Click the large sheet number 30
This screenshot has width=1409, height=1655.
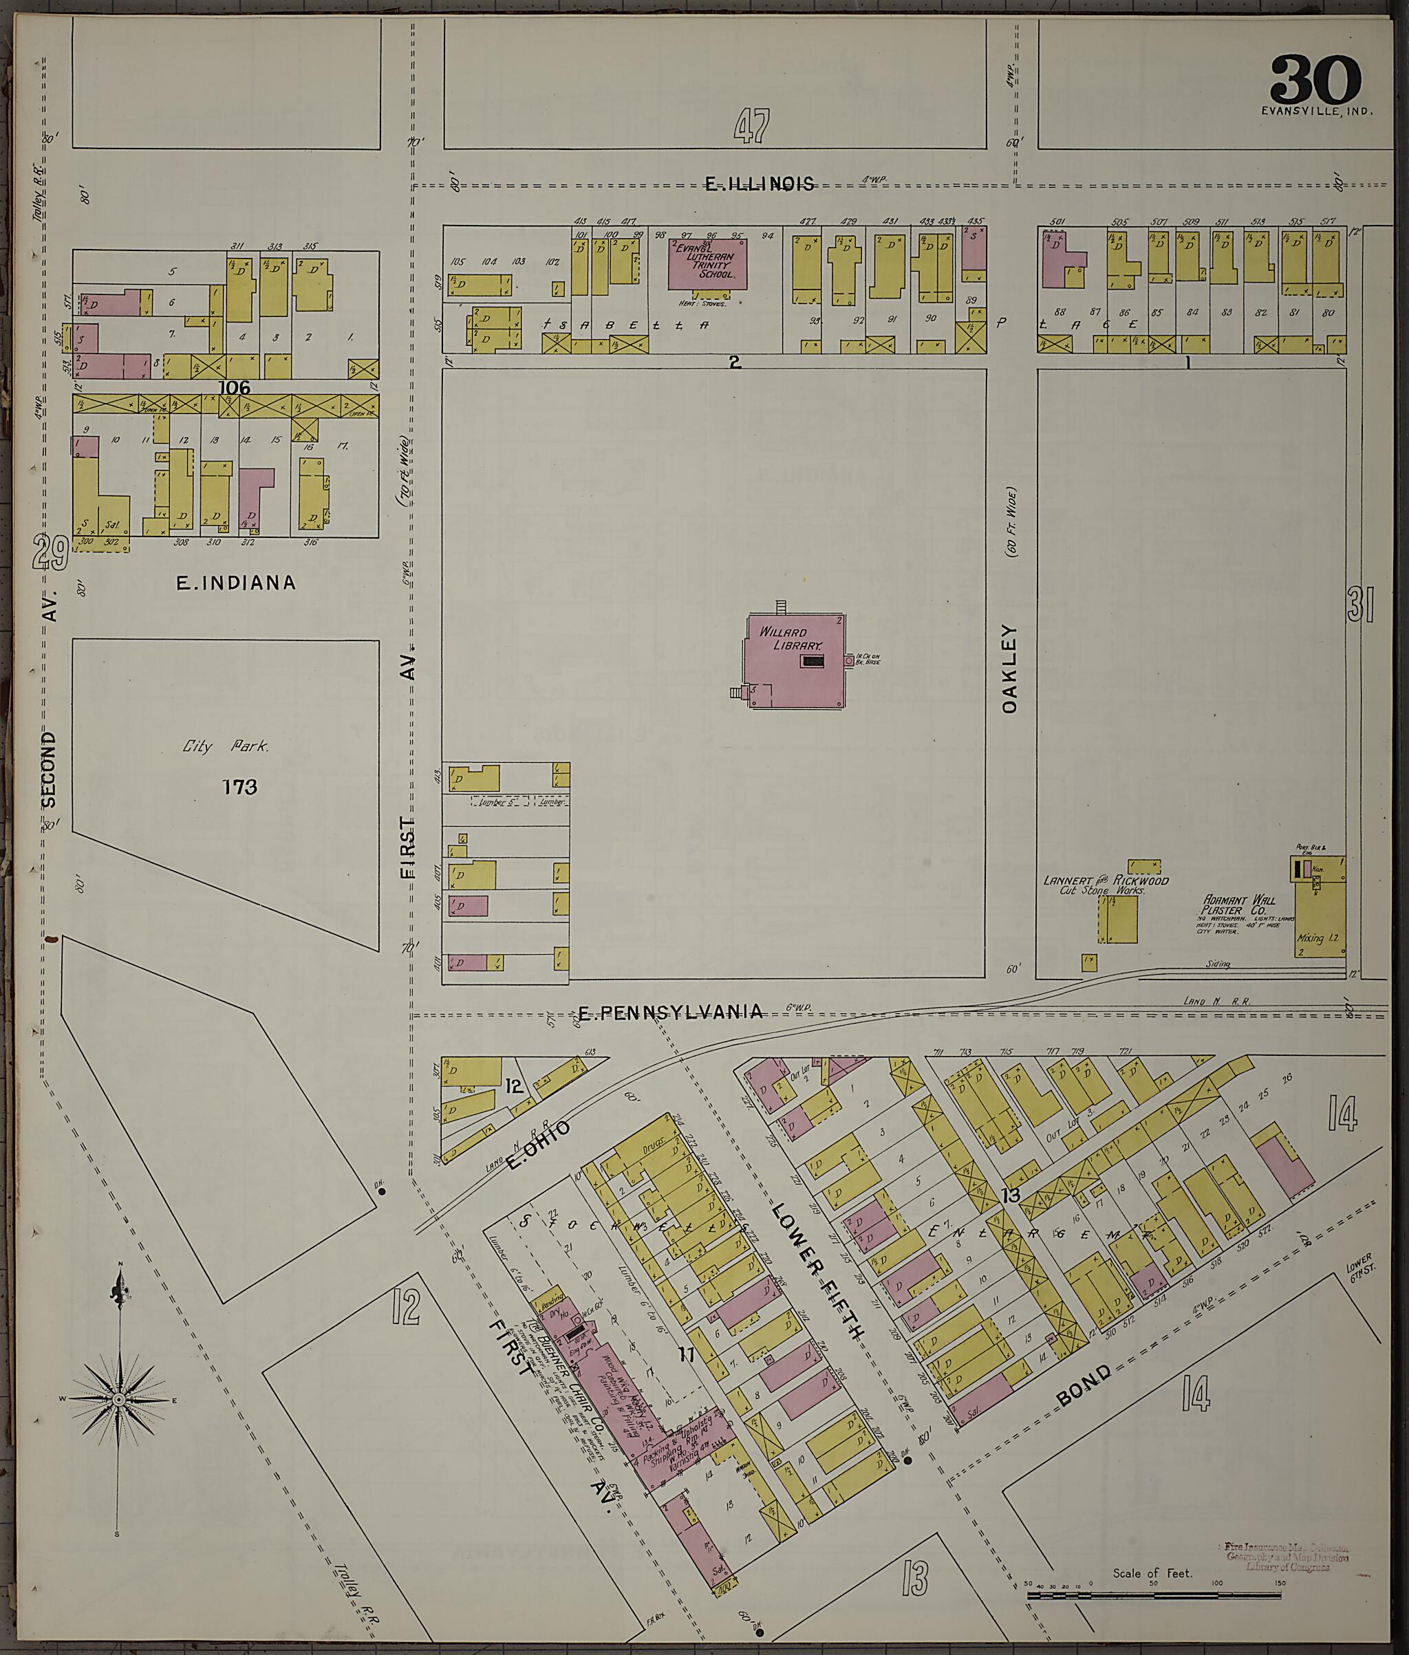tap(1315, 79)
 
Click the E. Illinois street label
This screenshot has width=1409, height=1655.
tap(760, 184)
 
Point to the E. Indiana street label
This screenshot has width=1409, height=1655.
tap(235, 583)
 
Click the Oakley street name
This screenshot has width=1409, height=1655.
tap(1010, 669)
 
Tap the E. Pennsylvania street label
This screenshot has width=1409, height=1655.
tap(669, 1013)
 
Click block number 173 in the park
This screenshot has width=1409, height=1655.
tap(239, 787)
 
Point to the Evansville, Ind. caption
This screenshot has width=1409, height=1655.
tap(1317, 112)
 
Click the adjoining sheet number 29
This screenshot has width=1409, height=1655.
tap(50, 553)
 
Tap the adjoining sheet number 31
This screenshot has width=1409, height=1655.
tap(1360, 604)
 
